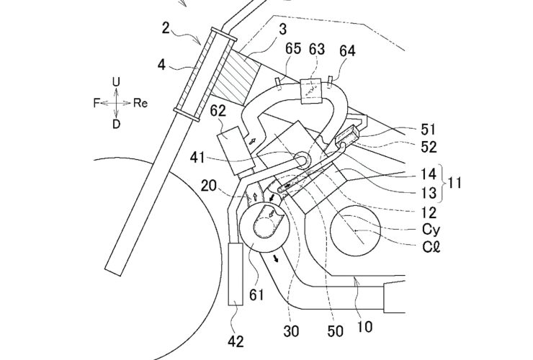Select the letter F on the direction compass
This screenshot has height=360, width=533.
coord(95,104)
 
